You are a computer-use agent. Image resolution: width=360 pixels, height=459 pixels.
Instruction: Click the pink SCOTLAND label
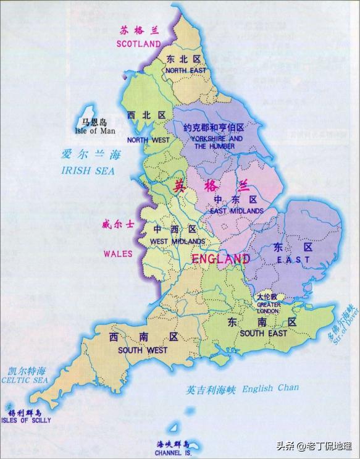click(x=138, y=44)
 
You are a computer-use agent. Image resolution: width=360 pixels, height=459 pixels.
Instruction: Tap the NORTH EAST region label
click(x=184, y=70)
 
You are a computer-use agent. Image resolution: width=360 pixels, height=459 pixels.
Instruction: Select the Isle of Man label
click(x=94, y=130)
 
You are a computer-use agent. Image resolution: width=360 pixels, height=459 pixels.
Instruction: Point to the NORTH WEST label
click(x=148, y=140)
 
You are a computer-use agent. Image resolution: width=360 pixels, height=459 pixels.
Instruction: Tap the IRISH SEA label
click(x=88, y=171)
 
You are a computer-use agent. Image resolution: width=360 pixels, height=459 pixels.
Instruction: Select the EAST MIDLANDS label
click(x=237, y=211)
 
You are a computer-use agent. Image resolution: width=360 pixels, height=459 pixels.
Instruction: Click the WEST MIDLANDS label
click(x=177, y=241)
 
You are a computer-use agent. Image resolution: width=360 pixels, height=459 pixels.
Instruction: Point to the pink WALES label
click(x=118, y=253)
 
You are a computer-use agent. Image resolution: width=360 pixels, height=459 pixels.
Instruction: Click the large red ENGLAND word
click(x=221, y=259)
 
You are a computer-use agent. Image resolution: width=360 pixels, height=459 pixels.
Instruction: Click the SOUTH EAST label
click(x=264, y=334)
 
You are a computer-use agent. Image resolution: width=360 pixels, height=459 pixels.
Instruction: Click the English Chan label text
click(x=270, y=389)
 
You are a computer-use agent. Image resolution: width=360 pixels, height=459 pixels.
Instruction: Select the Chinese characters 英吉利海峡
click(x=212, y=390)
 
